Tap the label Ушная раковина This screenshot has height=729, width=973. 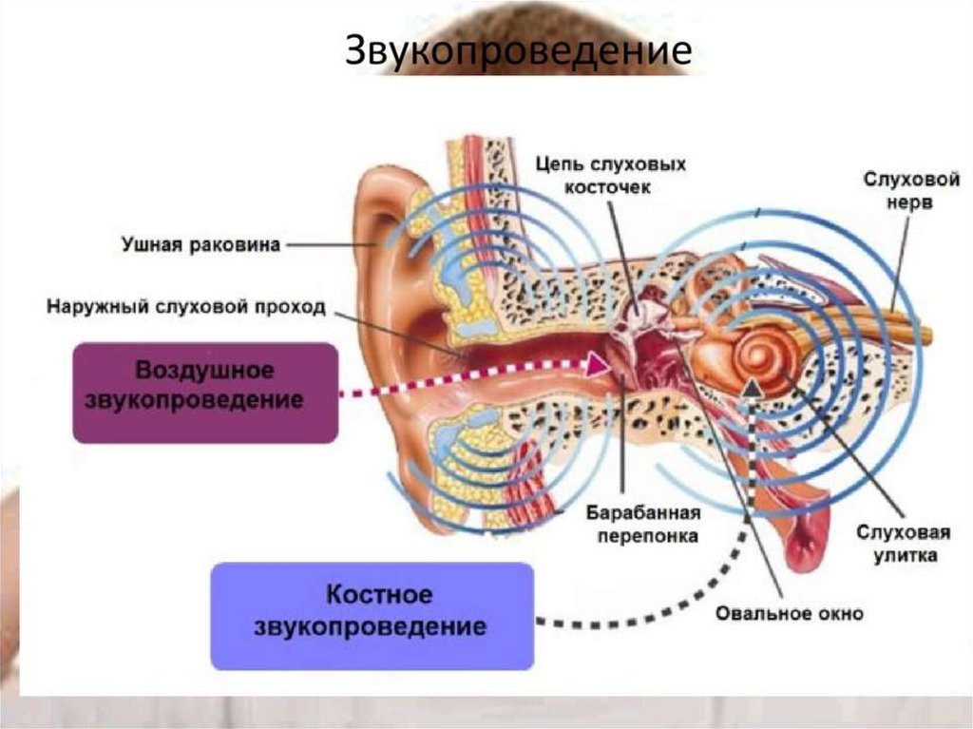pyautogui.click(x=200, y=245)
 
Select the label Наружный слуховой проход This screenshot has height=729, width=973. pyautogui.click(x=186, y=308)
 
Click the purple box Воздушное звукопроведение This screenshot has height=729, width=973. pyautogui.click(x=205, y=392)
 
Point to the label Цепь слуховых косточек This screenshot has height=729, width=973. pyautogui.click(x=611, y=176)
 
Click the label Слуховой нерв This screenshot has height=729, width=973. pyautogui.click(x=910, y=190)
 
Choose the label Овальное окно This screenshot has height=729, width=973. pyautogui.click(x=791, y=613)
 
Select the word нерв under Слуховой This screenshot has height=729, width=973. pyautogui.click(x=911, y=202)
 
